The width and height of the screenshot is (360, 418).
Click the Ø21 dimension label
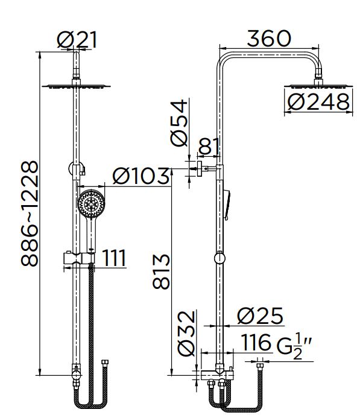pyautogui.click(x=77, y=40)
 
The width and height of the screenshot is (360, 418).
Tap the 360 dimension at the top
pyautogui.click(x=269, y=39)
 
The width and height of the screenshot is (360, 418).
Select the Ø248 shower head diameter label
pyautogui.click(x=318, y=102)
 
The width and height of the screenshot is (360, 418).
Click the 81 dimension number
pyautogui.click(x=209, y=147)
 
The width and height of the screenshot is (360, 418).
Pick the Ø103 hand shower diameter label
pyautogui.click(x=141, y=176)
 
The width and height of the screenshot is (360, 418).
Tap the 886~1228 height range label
pyautogui.click(x=30, y=214)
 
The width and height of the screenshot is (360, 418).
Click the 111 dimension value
pyautogui.click(x=114, y=258)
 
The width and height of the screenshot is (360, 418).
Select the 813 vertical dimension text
pyautogui.click(x=161, y=271)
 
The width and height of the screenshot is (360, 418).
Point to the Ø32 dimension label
pyautogui.click(x=186, y=333)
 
